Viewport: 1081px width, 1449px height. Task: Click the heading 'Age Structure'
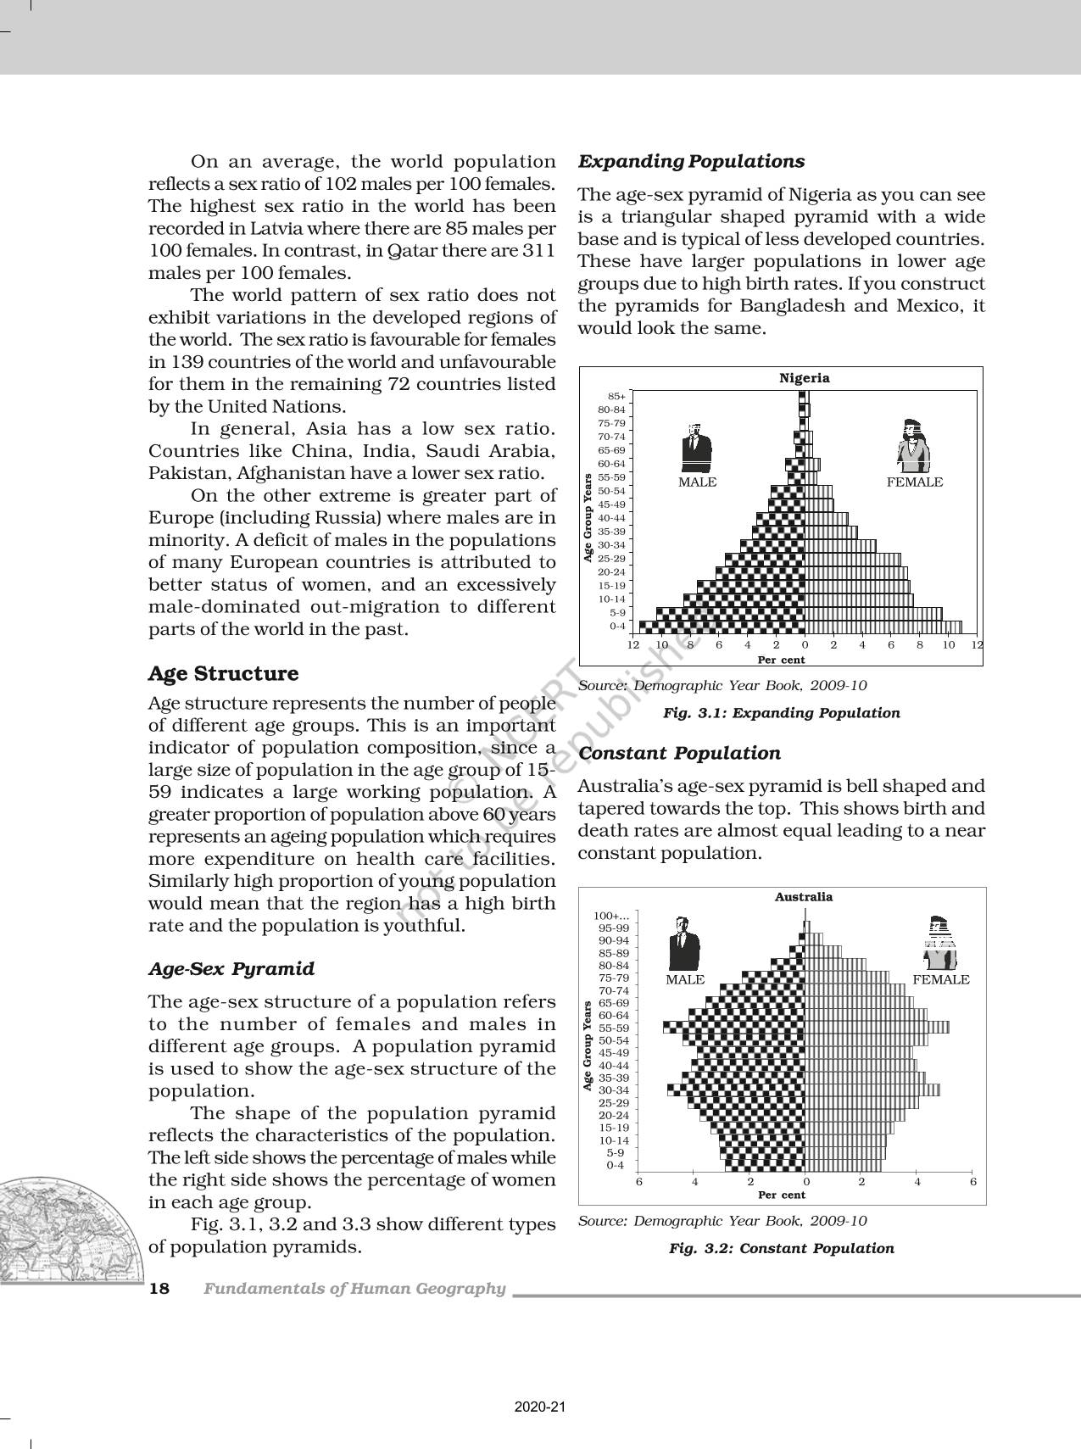tap(223, 674)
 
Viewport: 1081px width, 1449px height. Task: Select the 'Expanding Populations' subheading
tap(691, 161)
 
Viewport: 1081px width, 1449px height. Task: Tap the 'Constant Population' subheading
tap(679, 753)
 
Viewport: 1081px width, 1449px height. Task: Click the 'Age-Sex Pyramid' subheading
tap(231, 969)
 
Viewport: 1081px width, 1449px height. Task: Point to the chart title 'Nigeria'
tap(804, 378)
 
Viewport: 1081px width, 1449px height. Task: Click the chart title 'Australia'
tap(803, 897)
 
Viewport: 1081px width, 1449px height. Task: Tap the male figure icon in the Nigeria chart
tap(696, 448)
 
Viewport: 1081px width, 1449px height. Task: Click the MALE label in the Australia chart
tap(685, 980)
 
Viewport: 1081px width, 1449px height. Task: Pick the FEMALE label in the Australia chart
tap(940, 980)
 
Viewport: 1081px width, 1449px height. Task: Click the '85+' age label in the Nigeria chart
tap(616, 396)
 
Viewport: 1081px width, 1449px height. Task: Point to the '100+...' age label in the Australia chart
tap(611, 916)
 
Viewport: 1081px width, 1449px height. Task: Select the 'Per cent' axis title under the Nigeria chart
tap(781, 660)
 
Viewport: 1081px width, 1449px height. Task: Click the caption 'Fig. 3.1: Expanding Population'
tap(781, 713)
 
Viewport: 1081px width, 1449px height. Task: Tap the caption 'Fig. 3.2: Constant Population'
tap(781, 1248)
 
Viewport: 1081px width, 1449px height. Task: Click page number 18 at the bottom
tap(159, 1289)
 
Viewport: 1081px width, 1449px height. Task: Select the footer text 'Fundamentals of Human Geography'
tap(354, 1289)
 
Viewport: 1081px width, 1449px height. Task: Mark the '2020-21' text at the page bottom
tap(540, 1408)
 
